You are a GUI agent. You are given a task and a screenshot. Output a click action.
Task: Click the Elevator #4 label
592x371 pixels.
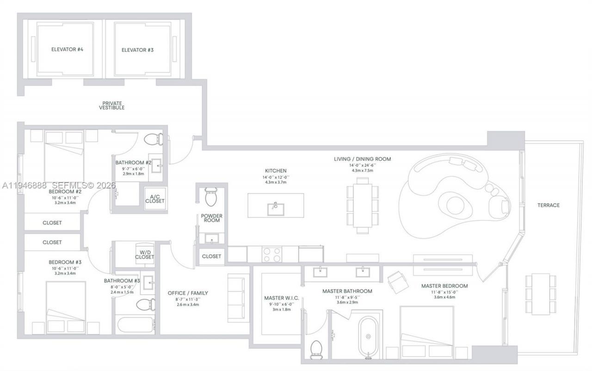pyautogui.click(x=63, y=49)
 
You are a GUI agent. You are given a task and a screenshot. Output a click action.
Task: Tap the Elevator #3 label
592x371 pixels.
pyautogui.click(x=137, y=49)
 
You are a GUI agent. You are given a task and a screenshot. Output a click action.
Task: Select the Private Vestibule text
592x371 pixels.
pyautogui.click(x=111, y=105)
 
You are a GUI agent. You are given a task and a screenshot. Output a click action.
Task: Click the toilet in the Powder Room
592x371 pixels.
pyautogui.click(x=211, y=197)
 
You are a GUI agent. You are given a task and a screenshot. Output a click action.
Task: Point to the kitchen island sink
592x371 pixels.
pyautogui.click(x=276, y=208)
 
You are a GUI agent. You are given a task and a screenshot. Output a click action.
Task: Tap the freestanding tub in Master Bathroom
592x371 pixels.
pyautogui.click(x=368, y=337)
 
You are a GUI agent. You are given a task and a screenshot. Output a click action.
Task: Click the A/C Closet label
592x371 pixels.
pyautogui.click(x=154, y=198)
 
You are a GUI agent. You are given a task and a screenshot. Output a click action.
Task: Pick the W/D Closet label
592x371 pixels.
pyautogui.click(x=144, y=254)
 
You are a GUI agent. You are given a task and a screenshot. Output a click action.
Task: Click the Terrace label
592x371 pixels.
pyautogui.click(x=548, y=205)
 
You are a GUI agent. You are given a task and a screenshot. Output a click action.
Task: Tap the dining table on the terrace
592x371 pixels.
pyautogui.click(x=540, y=294)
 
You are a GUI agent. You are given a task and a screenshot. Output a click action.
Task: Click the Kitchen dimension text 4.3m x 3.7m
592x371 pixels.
pyautogui.click(x=276, y=182)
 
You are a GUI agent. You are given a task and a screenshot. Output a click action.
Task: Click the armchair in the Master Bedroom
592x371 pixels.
pyautogui.click(x=397, y=282)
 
